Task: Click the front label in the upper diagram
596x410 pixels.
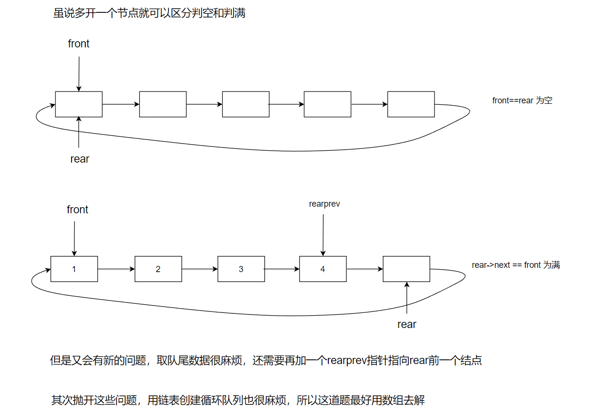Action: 79,44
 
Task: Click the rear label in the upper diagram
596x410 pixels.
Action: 80,159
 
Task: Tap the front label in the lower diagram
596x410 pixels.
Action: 78,210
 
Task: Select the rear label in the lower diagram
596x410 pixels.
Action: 406,325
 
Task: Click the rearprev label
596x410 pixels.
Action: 325,204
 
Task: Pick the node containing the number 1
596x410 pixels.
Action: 74,269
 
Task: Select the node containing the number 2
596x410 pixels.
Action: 158,269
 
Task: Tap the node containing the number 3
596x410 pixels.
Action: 241,269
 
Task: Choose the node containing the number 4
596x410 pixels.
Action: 323,269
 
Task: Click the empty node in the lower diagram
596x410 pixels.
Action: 406,269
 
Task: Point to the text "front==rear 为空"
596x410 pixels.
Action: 522,100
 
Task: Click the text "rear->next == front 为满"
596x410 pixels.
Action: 516,265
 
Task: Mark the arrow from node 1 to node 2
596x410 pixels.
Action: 116,269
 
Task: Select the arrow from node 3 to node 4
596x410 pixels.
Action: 282,269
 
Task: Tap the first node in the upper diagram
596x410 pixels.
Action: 79,104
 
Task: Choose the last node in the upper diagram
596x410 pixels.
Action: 411,104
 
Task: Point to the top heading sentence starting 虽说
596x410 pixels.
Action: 149,13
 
